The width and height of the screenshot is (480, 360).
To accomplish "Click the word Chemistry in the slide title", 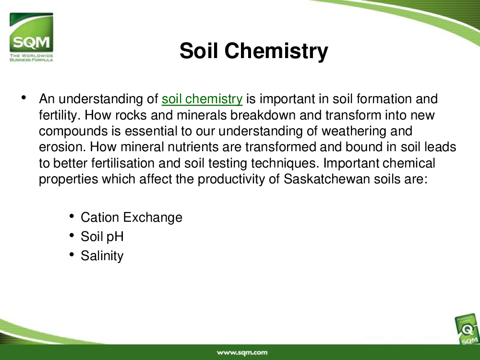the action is click(x=276, y=51).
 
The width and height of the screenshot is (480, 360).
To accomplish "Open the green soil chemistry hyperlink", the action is click(x=202, y=99).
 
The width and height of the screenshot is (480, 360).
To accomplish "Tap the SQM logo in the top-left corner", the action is click(x=31, y=37).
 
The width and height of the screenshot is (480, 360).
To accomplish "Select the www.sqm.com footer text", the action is click(x=242, y=353).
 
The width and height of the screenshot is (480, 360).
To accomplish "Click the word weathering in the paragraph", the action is click(x=354, y=131).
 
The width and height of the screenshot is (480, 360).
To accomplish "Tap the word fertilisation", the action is click(x=123, y=163).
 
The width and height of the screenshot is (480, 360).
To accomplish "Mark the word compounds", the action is click(x=73, y=132).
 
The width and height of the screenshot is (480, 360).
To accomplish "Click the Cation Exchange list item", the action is click(x=132, y=217).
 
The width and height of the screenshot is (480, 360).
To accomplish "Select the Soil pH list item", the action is click(x=102, y=237).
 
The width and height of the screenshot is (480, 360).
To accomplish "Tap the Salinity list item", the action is click(x=102, y=256).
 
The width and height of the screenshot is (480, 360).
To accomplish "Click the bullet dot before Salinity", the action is click(x=72, y=254).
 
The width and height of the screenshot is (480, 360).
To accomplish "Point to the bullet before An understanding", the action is click(x=24, y=97).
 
